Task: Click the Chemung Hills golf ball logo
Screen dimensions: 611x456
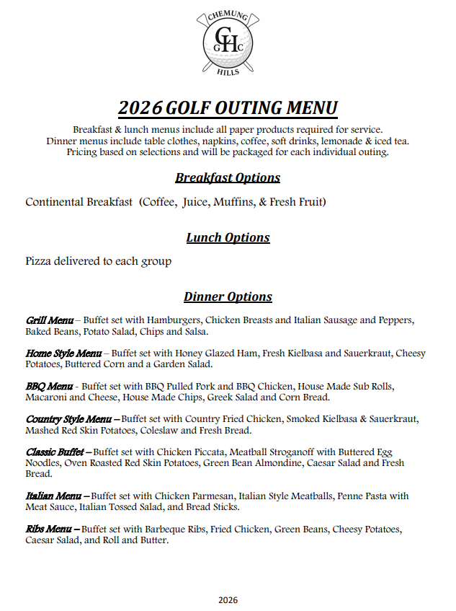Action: coord(227,42)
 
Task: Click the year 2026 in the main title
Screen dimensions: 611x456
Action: coord(140,108)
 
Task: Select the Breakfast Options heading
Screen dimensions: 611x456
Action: coord(228,177)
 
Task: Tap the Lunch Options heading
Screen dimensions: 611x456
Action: coord(228,237)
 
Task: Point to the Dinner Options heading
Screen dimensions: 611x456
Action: coord(228,296)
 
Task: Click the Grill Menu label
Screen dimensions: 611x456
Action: coord(49,320)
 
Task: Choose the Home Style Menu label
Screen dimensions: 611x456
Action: coord(63,353)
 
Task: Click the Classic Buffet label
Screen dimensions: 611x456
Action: coord(56,452)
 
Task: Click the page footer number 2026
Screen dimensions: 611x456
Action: coord(228,599)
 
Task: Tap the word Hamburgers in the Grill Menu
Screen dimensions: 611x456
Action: coord(174,320)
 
